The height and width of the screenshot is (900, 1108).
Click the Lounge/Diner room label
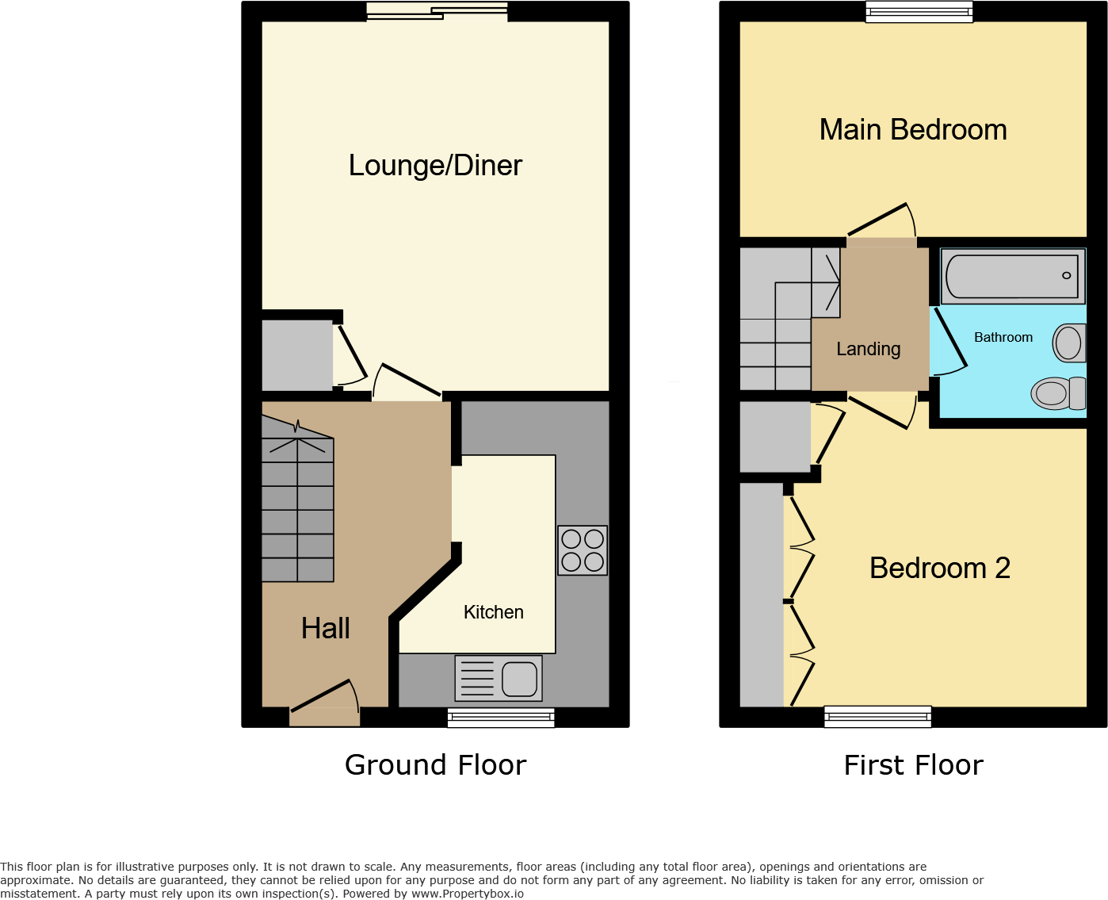(x=435, y=166)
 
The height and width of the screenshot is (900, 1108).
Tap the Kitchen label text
(x=493, y=612)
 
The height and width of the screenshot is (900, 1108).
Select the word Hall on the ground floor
(x=325, y=628)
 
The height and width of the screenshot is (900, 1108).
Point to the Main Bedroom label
(x=912, y=130)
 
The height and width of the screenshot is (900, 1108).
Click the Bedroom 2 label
(x=939, y=568)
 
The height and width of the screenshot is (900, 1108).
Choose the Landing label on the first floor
(x=868, y=349)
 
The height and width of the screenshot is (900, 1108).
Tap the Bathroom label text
(x=1003, y=338)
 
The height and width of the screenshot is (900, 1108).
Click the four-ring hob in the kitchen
(x=583, y=550)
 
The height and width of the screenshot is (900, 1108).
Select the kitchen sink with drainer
(x=499, y=678)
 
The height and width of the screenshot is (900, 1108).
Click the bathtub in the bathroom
(x=1012, y=276)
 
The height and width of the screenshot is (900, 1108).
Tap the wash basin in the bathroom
(x=1069, y=343)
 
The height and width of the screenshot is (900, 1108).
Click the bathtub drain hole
(x=1066, y=275)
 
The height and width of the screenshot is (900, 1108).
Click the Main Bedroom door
(x=881, y=221)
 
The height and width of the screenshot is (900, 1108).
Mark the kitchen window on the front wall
(x=501, y=718)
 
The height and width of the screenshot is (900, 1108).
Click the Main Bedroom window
(x=919, y=12)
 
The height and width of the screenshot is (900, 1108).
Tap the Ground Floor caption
(x=435, y=765)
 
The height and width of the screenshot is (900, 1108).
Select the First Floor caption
(x=913, y=765)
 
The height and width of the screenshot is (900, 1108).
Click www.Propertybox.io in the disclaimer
(x=467, y=894)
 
